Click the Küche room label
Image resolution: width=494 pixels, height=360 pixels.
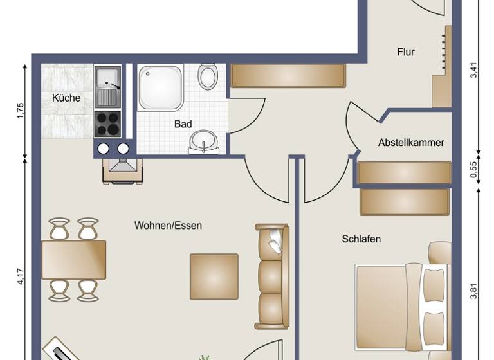click(x=67, y=98)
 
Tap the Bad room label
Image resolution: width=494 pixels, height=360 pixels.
click(x=183, y=125)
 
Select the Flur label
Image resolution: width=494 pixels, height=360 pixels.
click(x=405, y=53)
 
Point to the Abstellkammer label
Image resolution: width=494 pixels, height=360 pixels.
click(x=412, y=143)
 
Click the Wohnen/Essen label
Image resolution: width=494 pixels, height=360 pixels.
click(x=168, y=226)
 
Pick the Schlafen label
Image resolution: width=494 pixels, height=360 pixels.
click(x=361, y=239)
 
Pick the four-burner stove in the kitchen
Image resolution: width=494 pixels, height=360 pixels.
click(x=107, y=123)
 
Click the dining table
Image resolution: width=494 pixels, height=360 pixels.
click(x=74, y=259)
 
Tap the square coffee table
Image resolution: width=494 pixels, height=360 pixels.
click(x=214, y=276)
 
